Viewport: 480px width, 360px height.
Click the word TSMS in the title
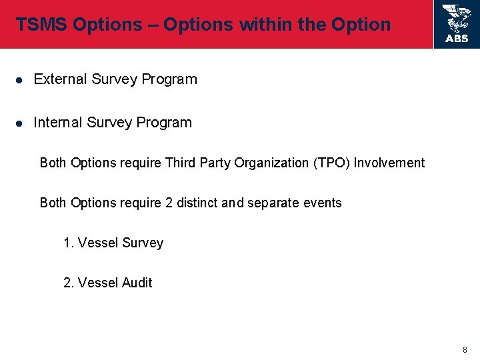[42, 25]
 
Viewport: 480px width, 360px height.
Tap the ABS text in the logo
[457, 39]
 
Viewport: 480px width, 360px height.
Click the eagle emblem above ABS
[457, 18]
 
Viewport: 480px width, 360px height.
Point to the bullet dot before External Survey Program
[20, 80]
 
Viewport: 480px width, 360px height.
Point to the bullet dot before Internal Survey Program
[20, 123]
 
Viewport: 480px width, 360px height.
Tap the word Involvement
[389, 163]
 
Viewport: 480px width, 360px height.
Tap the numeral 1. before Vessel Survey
[69, 243]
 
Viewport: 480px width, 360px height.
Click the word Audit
[137, 283]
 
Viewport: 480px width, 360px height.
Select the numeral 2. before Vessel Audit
[69, 283]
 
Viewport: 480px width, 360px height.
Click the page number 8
[465, 349]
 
